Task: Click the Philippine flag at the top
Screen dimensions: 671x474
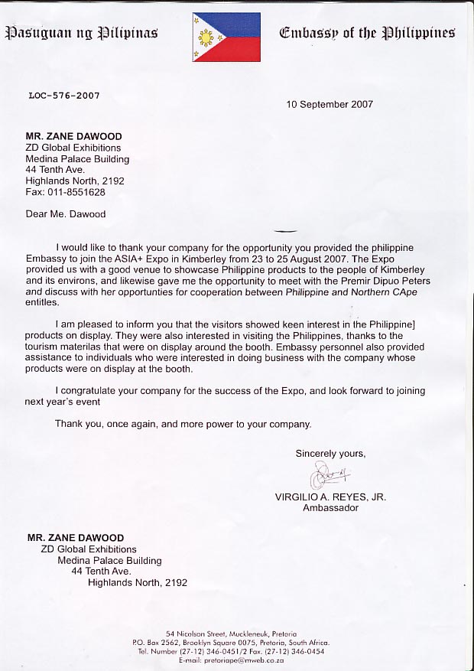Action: pos(227,37)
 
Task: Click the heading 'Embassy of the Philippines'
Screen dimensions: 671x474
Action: pos(367,33)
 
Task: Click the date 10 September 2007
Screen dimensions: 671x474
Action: pos(330,104)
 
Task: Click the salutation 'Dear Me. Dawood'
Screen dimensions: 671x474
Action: pos(66,214)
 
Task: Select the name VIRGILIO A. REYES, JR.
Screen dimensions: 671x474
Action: pos(330,497)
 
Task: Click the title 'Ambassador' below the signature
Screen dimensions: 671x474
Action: pos(330,507)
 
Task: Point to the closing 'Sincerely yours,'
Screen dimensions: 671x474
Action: pos(330,454)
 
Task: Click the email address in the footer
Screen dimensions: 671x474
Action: pos(230,660)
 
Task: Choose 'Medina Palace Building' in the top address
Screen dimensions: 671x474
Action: pos(77,159)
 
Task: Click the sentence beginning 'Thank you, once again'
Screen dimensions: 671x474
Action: pos(183,424)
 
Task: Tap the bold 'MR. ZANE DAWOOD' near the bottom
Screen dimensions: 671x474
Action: pos(76,538)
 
